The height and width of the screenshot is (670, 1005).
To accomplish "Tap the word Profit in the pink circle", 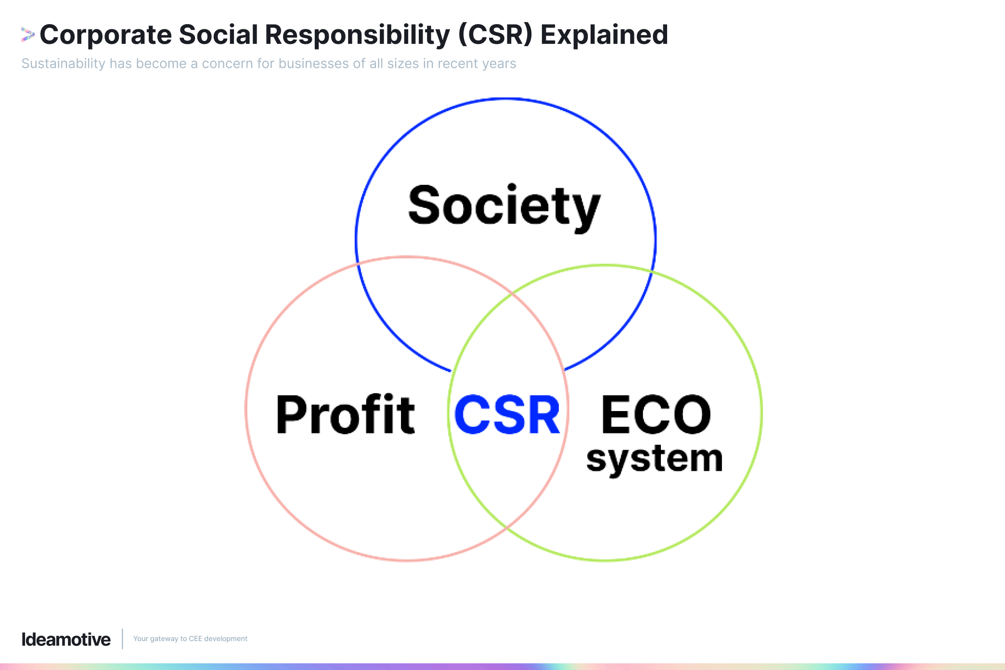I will tap(345, 414).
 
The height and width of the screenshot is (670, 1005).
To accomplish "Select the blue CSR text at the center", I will tap(507, 414).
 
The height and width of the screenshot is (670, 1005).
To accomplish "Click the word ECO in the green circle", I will tap(656, 414).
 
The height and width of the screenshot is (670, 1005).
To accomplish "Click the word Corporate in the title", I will tap(105, 35).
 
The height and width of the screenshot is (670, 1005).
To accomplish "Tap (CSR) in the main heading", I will tap(495, 35).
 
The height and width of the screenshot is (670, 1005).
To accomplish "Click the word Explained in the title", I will tap(604, 35).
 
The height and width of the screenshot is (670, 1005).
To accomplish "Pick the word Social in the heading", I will tap(219, 35).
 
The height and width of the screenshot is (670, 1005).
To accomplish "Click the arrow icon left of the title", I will tap(27, 35).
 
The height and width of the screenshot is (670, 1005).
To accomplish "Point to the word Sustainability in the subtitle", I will tap(63, 64).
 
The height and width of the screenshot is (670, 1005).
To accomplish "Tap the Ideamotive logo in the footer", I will tap(66, 639).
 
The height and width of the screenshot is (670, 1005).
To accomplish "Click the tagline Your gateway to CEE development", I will tap(190, 639).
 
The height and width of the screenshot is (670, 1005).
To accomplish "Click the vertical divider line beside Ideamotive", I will tap(122, 639).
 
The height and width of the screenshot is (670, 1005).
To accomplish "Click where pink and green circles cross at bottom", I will tap(506, 528).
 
